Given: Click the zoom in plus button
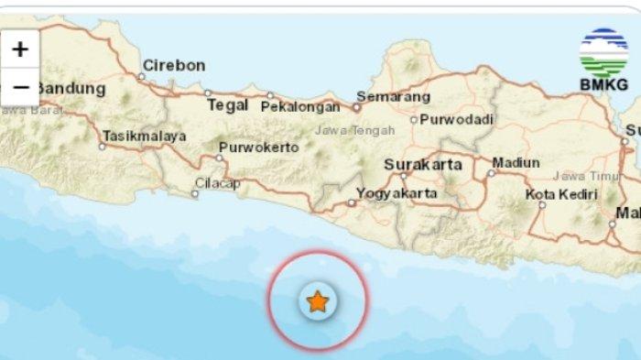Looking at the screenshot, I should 19,49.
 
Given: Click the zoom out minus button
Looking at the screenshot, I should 19,88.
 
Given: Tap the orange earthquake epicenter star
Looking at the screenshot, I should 317,300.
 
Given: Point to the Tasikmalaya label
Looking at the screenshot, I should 145,136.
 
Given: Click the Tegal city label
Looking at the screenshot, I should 228,105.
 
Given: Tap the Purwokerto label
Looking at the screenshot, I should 259,147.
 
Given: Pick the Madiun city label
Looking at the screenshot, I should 516,163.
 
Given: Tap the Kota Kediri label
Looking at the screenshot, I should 561,194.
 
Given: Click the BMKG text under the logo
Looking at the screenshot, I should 604,86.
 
